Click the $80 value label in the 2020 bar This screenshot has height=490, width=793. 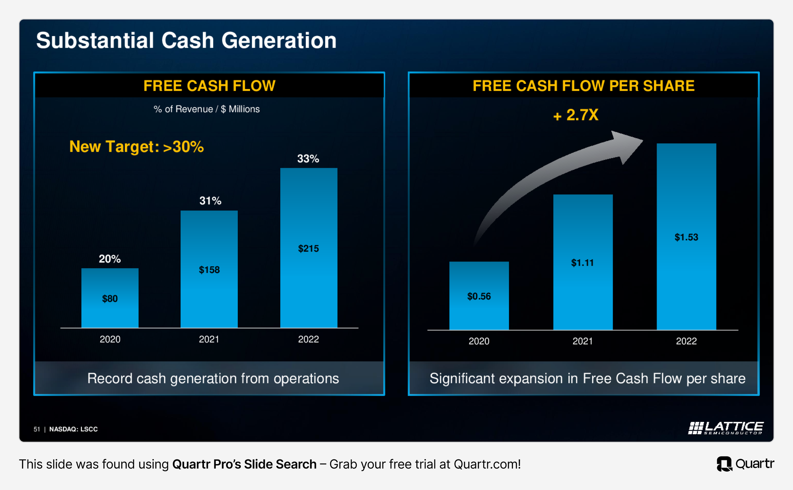110,299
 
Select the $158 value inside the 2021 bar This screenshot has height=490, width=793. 209,270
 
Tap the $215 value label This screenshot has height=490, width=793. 309,249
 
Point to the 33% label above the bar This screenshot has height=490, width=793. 308,158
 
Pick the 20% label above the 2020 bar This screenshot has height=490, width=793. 110,259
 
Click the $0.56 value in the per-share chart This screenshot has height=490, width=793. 479,296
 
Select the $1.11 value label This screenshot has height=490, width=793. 583,263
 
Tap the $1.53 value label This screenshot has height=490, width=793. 686,237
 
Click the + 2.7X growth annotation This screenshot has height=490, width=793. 576,115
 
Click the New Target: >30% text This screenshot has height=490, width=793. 137,146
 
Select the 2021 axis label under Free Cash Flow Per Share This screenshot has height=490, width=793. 583,341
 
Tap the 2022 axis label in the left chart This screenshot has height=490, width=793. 309,339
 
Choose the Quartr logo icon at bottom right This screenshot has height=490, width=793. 724,464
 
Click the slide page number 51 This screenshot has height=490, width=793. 37,429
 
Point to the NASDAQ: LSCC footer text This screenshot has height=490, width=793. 74,429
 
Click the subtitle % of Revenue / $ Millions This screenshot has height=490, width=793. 207,109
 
